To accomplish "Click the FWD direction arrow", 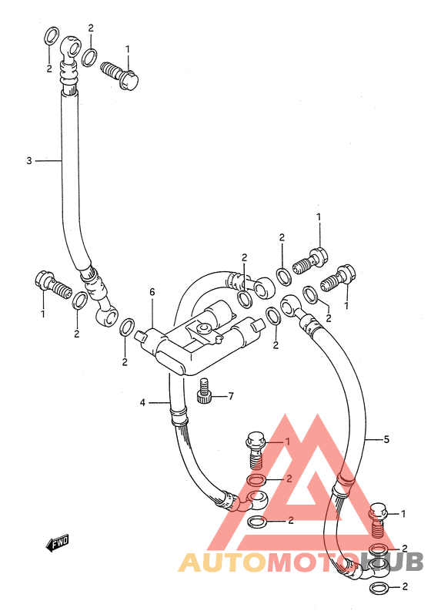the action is [57, 542].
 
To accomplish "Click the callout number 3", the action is [29, 160].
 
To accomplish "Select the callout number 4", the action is [142, 402].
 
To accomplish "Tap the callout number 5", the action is [386, 439].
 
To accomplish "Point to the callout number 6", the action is [152, 292].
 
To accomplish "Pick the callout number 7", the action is [231, 396].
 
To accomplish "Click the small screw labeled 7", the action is [204, 391].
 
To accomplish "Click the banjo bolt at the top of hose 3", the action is [119, 76].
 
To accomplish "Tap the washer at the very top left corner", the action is [51, 35].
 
